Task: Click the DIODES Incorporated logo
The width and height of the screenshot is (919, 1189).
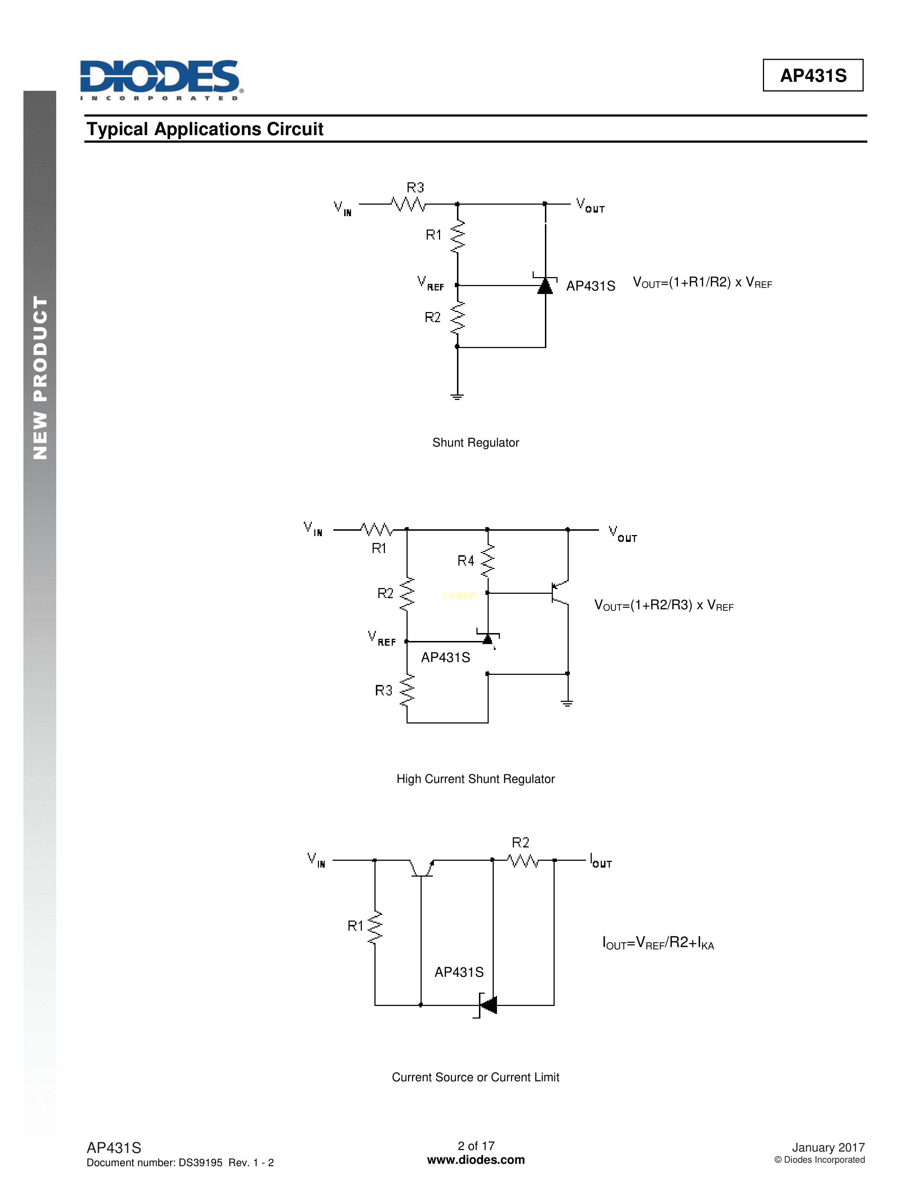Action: pos(161,79)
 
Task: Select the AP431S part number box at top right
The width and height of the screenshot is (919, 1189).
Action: pos(812,75)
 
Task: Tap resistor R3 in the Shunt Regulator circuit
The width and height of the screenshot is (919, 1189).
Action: pos(408,204)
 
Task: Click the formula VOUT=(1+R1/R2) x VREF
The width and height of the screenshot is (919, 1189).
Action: pos(702,282)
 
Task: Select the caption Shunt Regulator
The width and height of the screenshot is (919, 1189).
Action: pos(475,442)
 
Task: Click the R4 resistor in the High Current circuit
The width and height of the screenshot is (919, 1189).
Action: pos(487,561)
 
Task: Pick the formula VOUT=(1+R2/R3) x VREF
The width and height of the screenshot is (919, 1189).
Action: pos(663,605)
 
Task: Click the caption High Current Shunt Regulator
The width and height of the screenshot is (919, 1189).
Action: pos(475,779)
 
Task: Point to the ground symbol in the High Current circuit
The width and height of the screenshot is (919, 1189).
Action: pos(567,703)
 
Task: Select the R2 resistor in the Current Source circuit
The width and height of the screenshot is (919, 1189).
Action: pos(523,861)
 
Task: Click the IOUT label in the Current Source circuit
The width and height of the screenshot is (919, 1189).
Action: pos(601,861)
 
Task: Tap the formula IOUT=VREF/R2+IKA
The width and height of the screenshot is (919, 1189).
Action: pos(658,943)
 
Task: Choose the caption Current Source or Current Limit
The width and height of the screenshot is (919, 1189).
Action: pos(475,1077)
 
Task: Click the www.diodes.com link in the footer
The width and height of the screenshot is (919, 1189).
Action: pos(475,1160)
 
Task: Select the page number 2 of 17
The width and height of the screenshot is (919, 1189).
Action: pos(476,1146)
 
